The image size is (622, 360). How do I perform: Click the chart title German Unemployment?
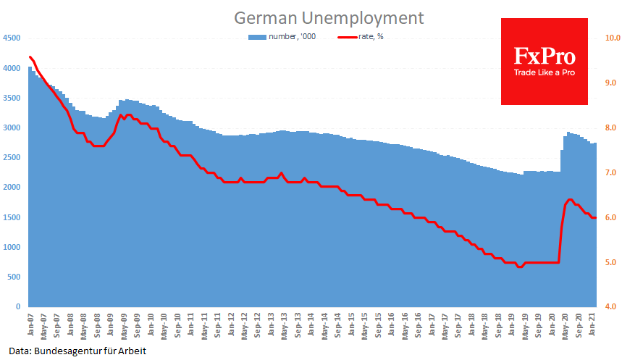point(327,17)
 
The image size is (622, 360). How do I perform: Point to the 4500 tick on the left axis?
point(12,38)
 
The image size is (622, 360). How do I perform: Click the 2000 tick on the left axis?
point(12,188)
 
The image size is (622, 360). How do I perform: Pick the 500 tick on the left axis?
point(14,277)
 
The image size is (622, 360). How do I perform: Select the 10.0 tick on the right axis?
point(613,38)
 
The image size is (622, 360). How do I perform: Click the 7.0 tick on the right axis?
point(611,173)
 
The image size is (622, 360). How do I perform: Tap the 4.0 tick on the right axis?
point(611,308)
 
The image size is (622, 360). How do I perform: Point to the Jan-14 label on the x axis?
point(311,323)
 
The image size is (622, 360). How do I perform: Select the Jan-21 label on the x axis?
point(592,323)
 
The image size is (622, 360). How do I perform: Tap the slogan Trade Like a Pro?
point(544,72)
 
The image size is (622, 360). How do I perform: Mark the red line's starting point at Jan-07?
point(30,56)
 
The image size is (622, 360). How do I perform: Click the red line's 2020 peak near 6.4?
point(570,199)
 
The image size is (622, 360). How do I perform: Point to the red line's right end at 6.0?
point(594,217)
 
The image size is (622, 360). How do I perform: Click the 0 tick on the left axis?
point(18,307)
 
